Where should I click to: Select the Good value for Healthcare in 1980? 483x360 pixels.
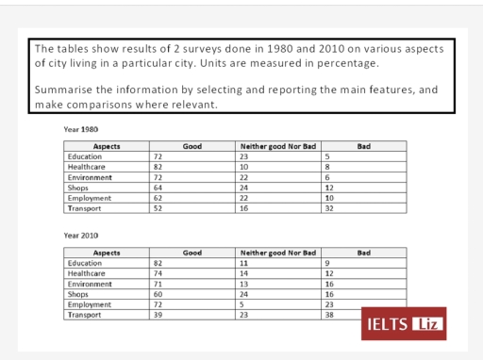[x=158, y=167]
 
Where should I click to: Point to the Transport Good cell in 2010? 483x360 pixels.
[x=158, y=315]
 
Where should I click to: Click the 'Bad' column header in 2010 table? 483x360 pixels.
[x=364, y=254]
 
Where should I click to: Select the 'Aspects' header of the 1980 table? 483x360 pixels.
[x=107, y=147]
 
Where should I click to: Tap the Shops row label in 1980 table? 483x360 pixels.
[x=80, y=188]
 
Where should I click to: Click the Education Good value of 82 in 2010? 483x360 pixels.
[x=158, y=264]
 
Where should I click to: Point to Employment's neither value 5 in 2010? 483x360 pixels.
[x=243, y=304]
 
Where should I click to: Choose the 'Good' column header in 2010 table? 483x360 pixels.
[x=192, y=254]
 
